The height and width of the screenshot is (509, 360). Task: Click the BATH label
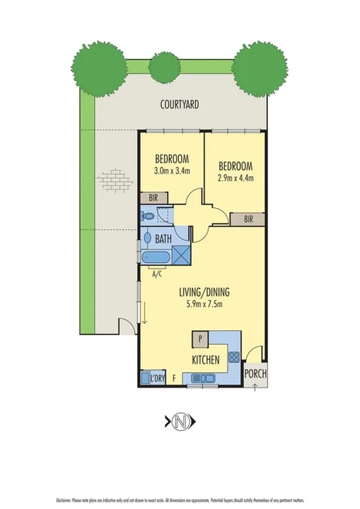[163, 239]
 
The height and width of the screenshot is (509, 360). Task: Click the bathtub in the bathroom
[157, 257]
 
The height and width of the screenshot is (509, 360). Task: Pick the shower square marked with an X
[181, 256]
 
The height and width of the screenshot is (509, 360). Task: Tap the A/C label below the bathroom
[156, 273]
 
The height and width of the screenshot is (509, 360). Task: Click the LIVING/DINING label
[204, 292]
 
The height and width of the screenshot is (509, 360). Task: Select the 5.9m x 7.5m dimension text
[204, 304]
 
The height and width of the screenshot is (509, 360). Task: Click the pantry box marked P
[200, 338]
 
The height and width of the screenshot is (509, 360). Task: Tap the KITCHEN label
[205, 360]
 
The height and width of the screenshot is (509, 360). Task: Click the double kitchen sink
[204, 377]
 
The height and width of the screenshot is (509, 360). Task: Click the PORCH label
[255, 374]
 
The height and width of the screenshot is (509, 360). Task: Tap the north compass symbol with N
[179, 421]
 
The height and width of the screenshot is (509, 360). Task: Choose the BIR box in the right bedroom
[249, 219]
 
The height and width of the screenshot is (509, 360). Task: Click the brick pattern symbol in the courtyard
[113, 181]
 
